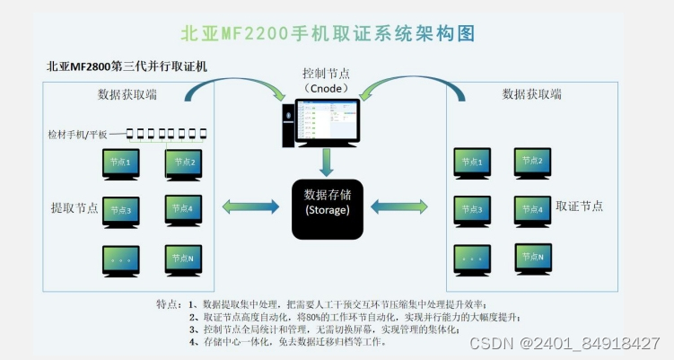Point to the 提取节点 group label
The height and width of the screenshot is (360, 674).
(x=74, y=207)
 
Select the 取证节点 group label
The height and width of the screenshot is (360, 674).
(x=580, y=206)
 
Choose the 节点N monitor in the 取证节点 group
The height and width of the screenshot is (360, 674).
(x=532, y=258)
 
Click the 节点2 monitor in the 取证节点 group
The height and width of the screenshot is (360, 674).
(x=532, y=162)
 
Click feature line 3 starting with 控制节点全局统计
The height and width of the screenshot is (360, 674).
(x=325, y=329)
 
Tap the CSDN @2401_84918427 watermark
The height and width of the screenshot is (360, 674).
(x=577, y=344)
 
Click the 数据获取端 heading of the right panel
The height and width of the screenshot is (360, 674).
(x=531, y=94)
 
